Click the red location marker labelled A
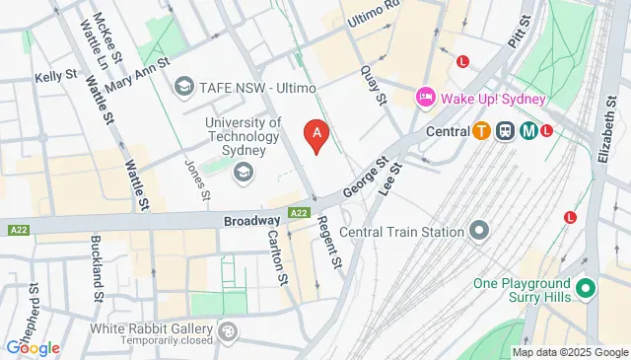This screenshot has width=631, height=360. click(x=316, y=134)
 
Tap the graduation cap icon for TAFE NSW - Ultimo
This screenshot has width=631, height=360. click(x=182, y=88)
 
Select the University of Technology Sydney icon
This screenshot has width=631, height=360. click(x=242, y=173)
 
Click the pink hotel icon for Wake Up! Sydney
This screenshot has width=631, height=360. click(x=425, y=97)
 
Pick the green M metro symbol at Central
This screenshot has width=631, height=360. click(x=528, y=130)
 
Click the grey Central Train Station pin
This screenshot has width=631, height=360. click(x=479, y=232)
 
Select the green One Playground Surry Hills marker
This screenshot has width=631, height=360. click(x=585, y=289)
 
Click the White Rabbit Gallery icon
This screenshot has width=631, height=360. click(x=229, y=330)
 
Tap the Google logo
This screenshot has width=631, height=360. click(x=32, y=348)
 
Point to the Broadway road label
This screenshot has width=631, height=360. click(x=251, y=224)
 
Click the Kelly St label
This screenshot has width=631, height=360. click(x=55, y=75)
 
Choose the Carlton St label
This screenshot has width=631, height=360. click(x=277, y=258)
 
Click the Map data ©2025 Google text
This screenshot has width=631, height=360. click(x=569, y=352)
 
